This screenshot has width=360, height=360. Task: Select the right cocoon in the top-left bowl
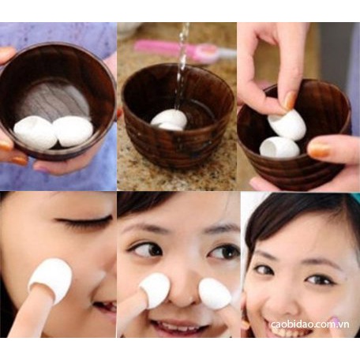(73, 131)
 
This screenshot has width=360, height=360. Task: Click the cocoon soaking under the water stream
(170, 119)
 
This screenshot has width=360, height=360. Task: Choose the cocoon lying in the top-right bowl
(279, 148)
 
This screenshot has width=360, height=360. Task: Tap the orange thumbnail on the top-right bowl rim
(319, 149)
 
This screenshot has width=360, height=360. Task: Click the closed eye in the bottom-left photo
(84, 221)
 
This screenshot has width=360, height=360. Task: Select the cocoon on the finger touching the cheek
(51, 279)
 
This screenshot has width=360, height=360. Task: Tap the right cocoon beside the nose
(215, 293)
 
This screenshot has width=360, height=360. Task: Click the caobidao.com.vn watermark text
(310, 324)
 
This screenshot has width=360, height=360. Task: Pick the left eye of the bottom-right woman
(263, 269)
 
